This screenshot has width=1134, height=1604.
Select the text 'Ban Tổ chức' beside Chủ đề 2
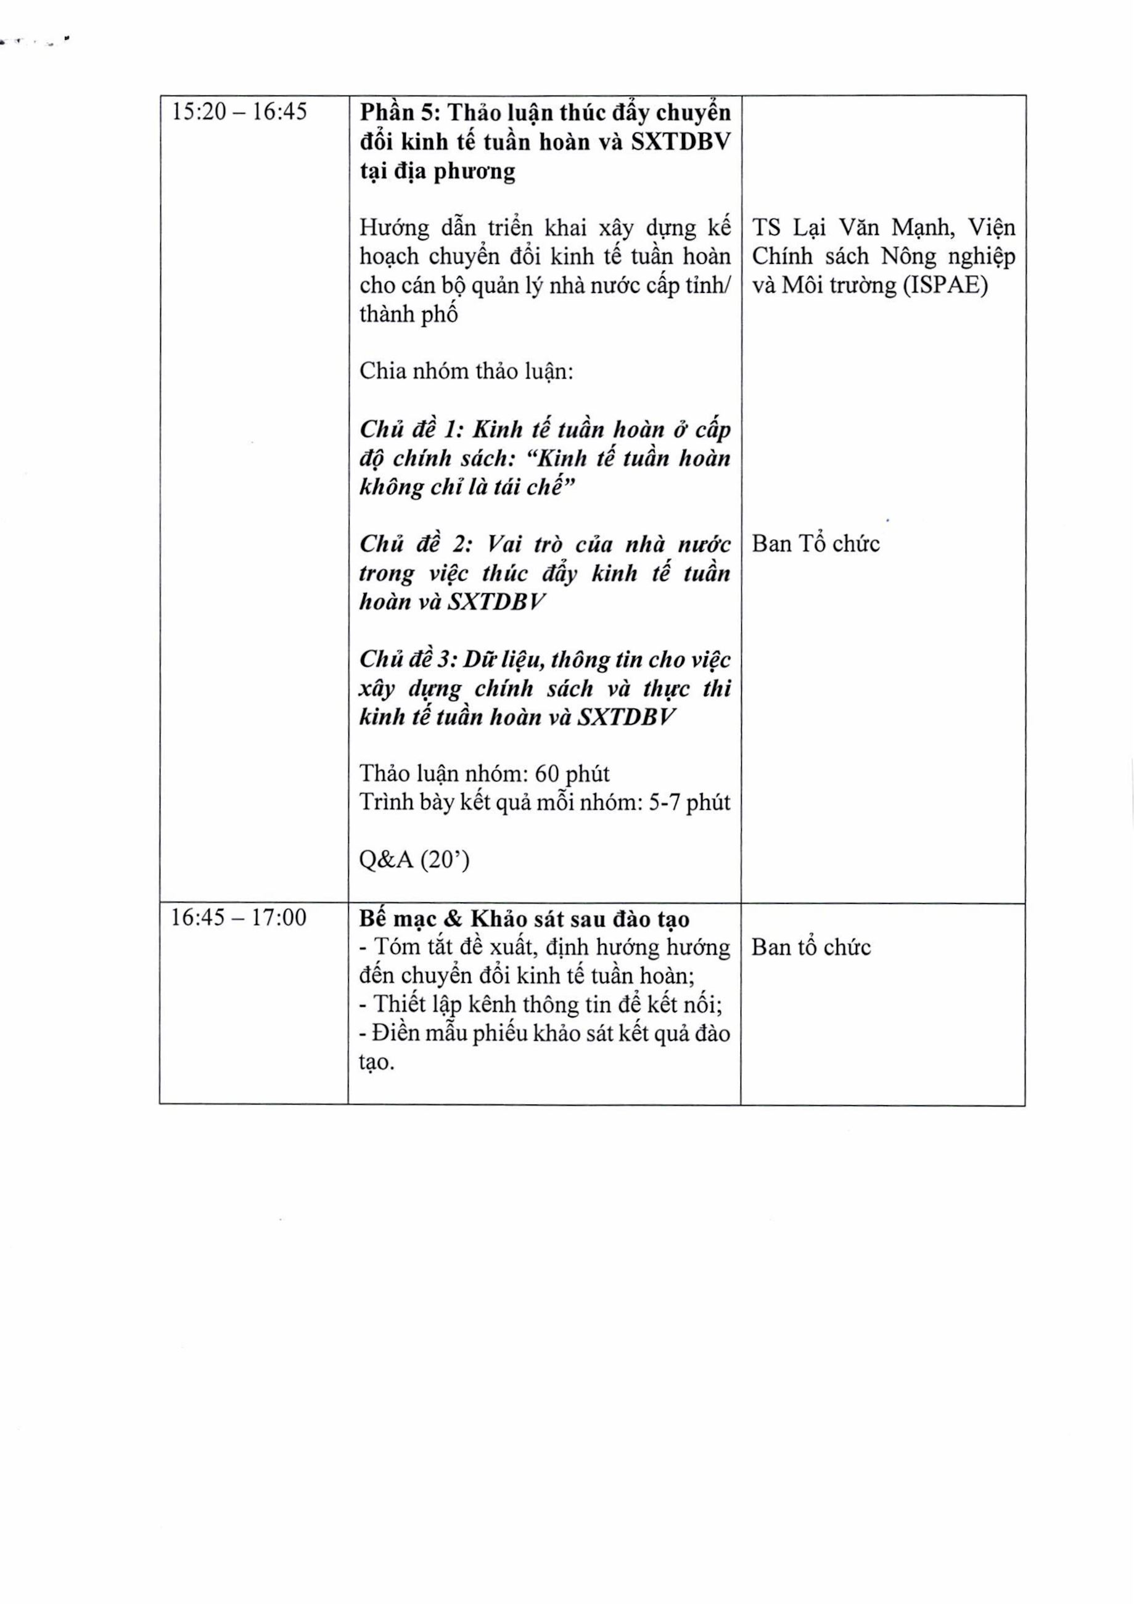pos(815,544)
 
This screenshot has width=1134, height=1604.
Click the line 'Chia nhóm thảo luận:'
pos(466,371)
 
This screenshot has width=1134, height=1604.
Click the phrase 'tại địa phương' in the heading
pos(437,171)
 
